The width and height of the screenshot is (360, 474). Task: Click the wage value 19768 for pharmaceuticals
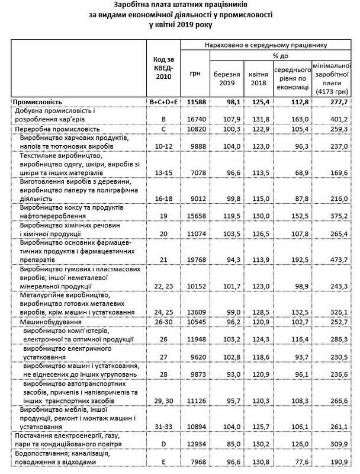(195, 259)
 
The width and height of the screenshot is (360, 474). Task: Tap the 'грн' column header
(195, 73)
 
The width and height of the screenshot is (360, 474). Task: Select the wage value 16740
(195, 119)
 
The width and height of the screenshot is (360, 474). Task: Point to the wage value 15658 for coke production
(195, 216)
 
